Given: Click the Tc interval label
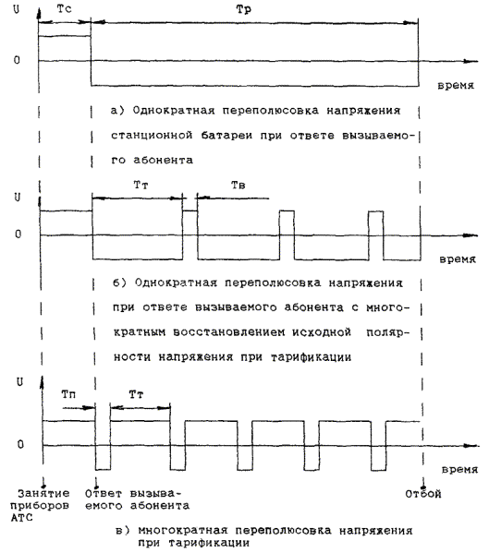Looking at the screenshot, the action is pyautogui.click(x=64, y=9).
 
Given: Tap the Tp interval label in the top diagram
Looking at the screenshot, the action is pyautogui.click(x=244, y=9).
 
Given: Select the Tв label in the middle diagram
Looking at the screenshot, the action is pyautogui.click(x=238, y=185).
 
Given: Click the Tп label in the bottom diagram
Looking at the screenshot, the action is pyautogui.click(x=68, y=394).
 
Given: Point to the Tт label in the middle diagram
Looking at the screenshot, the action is pyautogui.click(x=141, y=185).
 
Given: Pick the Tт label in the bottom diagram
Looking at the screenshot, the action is pyautogui.click(x=136, y=394).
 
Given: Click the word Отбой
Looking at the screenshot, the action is pyautogui.click(x=423, y=494).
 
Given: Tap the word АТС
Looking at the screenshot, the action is pyautogui.click(x=21, y=518).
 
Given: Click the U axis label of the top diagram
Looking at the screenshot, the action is pyautogui.click(x=17, y=9).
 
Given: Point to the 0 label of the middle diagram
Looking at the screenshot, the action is pyautogui.click(x=18, y=234).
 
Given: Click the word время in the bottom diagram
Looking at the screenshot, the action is pyautogui.click(x=459, y=469).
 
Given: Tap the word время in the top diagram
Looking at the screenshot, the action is pyautogui.click(x=456, y=86).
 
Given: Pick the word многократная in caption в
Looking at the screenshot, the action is pyautogui.click(x=182, y=531).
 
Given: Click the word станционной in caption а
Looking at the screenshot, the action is pyautogui.click(x=152, y=136).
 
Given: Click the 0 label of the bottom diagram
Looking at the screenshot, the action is pyautogui.click(x=20, y=444).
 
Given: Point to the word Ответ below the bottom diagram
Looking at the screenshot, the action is pyautogui.click(x=104, y=493).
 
